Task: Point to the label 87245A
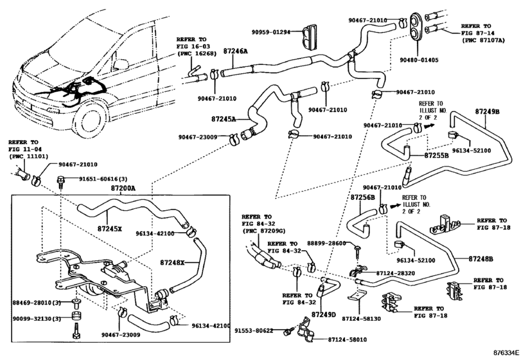pos(224,119)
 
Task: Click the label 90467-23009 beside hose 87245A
pos(197,137)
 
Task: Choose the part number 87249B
pos(487,111)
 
